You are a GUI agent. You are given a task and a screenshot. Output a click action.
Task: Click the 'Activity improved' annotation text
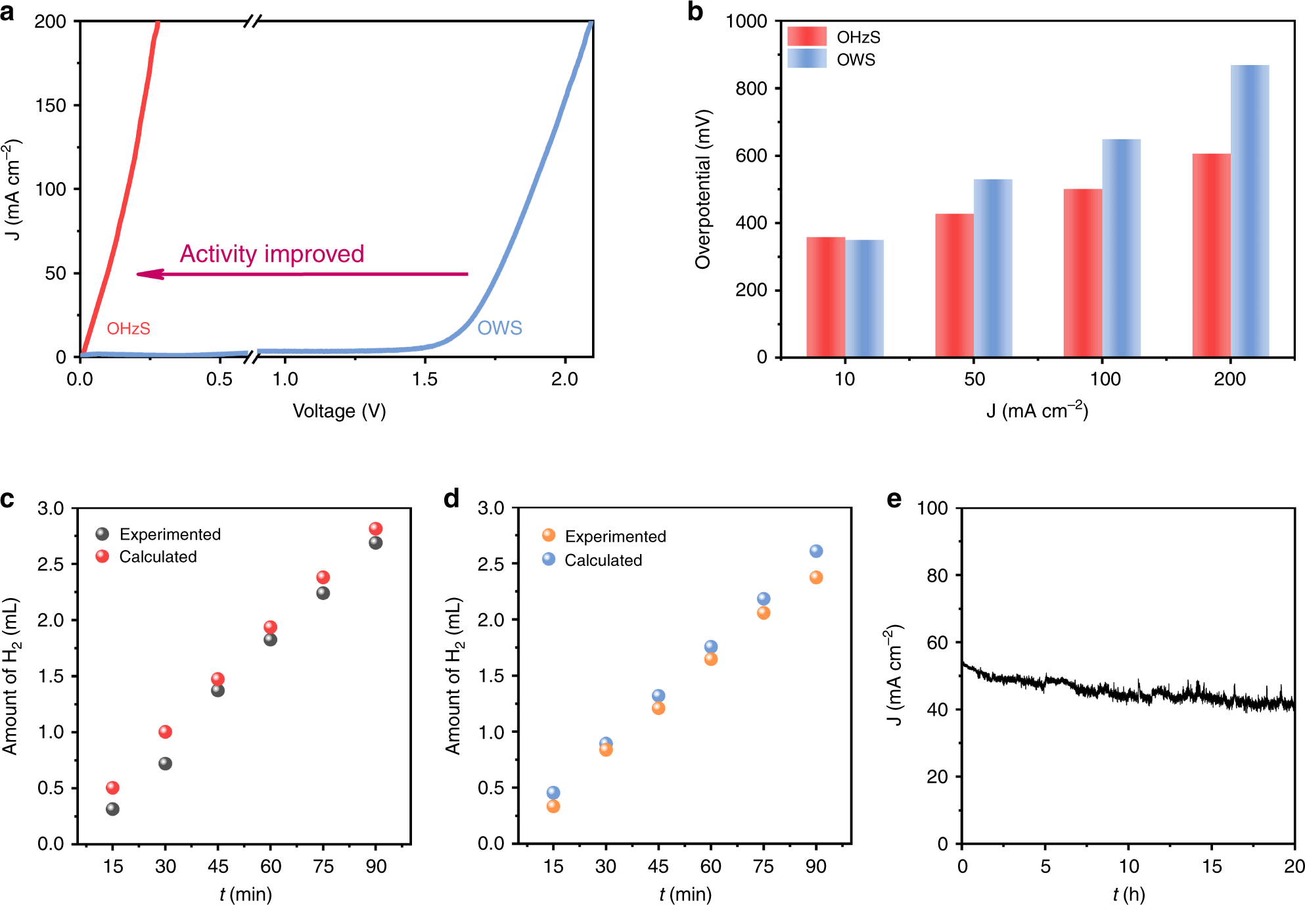pos(272,254)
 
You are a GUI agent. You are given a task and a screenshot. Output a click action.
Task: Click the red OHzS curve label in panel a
pos(129,329)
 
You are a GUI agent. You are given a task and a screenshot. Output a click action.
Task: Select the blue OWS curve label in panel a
pos(499,328)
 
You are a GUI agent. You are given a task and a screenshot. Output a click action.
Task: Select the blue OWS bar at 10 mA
pos(864,298)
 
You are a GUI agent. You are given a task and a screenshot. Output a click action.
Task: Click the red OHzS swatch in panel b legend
pos(807,36)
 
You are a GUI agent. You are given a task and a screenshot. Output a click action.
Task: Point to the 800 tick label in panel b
pos(751,89)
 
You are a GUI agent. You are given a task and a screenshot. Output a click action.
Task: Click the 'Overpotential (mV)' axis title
pos(703,189)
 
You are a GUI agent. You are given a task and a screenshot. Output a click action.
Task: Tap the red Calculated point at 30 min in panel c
pos(165,731)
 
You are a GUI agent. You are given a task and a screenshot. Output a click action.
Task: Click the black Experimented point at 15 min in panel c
pos(112,809)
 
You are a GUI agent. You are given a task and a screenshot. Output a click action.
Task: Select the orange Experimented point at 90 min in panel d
pos(816,578)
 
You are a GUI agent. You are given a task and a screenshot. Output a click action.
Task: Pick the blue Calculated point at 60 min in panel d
pos(711,647)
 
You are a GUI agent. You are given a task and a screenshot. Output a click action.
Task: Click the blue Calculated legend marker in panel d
pos(549,559)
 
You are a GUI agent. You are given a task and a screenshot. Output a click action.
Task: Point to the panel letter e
pos(894,499)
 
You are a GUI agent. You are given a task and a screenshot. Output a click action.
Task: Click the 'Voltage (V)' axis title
pos(339,411)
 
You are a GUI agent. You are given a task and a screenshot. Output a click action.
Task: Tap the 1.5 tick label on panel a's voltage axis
pos(425,379)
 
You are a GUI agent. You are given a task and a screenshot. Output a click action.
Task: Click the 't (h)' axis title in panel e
pos(1128,894)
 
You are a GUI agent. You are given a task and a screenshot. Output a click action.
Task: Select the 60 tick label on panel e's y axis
pos(937,643)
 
